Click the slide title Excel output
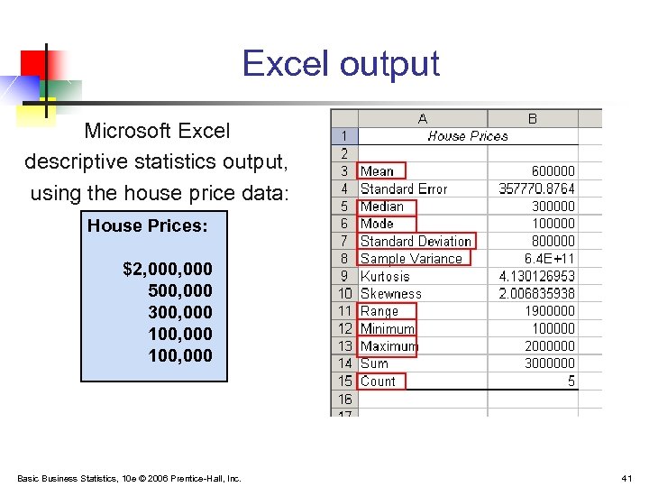tap(341, 64)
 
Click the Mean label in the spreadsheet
tap(378, 170)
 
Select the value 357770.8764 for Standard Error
tap(536, 188)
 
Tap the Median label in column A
tap(382, 206)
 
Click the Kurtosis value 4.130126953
tap(537, 276)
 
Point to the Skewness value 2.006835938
tap(537, 293)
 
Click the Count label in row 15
tap(379, 381)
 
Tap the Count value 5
tap(571, 381)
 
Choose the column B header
tap(532, 118)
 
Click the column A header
tap(423, 118)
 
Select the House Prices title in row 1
tap(467, 136)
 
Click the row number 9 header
tap(344, 276)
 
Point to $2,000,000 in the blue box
tap(168, 269)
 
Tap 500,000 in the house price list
tap(180, 290)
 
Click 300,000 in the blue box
tap(180, 312)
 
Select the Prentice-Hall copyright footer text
tap(129, 478)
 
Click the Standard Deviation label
tap(416, 241)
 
